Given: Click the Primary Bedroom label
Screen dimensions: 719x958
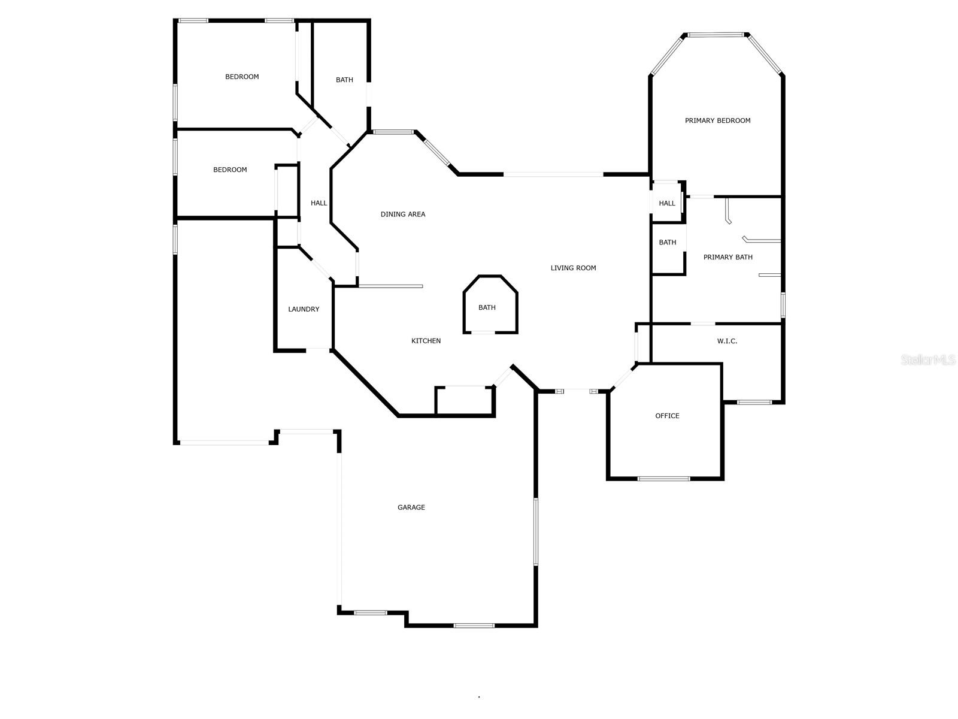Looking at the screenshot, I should click(x=717, y=120).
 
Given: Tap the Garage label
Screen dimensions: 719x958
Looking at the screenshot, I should click(x=411, y=507).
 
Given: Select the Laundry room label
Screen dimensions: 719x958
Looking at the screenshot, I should click(x=304, y=309).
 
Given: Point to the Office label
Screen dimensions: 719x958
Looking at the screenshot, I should click(x=667, y=416).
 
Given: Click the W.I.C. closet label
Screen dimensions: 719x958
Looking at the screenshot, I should click(x=727, y=341).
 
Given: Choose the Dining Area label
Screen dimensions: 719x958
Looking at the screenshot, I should click(x=403, y=214).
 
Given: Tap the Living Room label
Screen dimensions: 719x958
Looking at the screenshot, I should click(x=573, y=268).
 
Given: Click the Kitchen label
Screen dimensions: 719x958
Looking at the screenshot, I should click(x=426, y=341).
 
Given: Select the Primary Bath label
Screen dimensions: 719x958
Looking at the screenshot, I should click(x=727, y=257).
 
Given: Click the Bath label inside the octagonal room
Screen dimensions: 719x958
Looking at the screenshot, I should click(x=487, y=307).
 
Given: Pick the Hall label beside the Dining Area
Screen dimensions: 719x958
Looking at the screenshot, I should click(x=319, y=203).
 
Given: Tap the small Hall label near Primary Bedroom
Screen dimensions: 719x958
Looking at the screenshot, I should click(x=667, y=203).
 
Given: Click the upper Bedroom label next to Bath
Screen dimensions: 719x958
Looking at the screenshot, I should click(x=242, y=77).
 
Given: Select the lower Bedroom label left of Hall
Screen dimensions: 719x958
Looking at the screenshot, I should click(x=230, y=170).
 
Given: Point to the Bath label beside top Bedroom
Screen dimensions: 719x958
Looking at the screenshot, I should click(x=344, y=80).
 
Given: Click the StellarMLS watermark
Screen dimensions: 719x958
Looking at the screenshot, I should click(x=927, y=359).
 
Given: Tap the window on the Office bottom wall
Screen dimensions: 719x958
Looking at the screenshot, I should click(x=663, y=479).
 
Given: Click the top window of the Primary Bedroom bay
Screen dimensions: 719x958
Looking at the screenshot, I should click(x=717, y=35).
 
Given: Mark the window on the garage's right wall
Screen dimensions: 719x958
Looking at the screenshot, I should click(x=536, y=531).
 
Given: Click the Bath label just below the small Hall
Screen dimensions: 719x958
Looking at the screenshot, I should click(x=667, y=243).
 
